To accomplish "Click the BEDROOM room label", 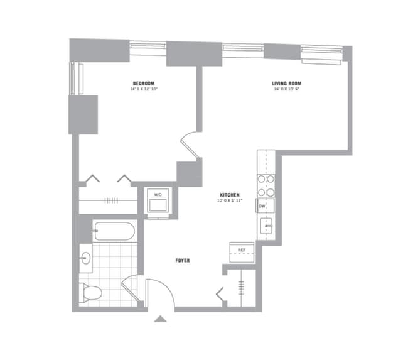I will (x=144, y=84).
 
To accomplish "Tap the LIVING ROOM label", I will (x=287, y=84).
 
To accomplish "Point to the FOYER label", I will (x=183, y=260).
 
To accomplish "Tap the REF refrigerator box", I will (x=241, y=249).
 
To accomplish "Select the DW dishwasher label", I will (x=262, y=205).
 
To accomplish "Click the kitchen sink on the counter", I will (x=267, y=226).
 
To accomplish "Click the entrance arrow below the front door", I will (x=161, y=319).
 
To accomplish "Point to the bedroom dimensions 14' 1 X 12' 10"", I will (x=144, y=90).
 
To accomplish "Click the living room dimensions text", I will (x=287, y=90).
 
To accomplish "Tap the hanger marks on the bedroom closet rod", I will (x=111, y=200).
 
